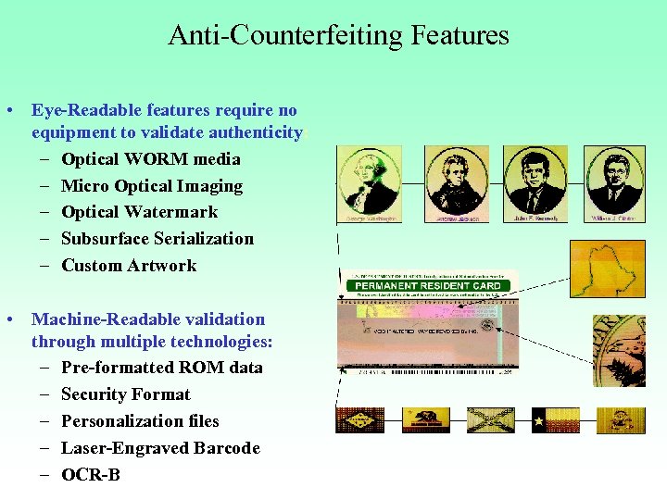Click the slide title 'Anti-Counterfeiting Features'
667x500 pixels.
[x=338, y=35]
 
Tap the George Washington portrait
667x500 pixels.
[x=370, y=183]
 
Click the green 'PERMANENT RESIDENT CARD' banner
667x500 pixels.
[x=429, y=286]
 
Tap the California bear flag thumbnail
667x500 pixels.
[x=425, y=420]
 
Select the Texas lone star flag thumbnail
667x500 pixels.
[x=556, y=420]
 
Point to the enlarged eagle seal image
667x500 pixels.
[x=619, y=350]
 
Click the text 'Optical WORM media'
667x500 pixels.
[x=150, y=159]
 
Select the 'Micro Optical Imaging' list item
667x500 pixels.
[x=152, y=186]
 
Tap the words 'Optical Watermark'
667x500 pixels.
[x=139, y=212]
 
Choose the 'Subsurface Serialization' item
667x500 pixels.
[x=157, y=239]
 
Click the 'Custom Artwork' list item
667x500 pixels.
[x=129, y=266]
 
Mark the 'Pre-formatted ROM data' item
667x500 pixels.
[x=161, y=368]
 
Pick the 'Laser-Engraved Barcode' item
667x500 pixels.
[x=160, y=448]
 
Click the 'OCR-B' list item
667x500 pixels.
[x=90, y=475]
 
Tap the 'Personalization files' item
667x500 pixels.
[x=140, y=421]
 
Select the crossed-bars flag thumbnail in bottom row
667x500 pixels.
[x=490, y=420]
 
